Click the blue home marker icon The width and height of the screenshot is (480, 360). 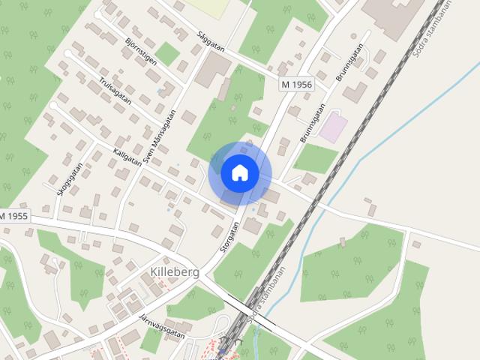coord(240,173)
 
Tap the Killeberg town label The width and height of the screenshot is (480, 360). coord(175,271)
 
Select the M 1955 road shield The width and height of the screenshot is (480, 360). coord(13,216)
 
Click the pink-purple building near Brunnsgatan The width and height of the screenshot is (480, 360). coord(333,127)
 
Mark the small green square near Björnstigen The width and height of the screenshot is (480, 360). coord(167,53)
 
